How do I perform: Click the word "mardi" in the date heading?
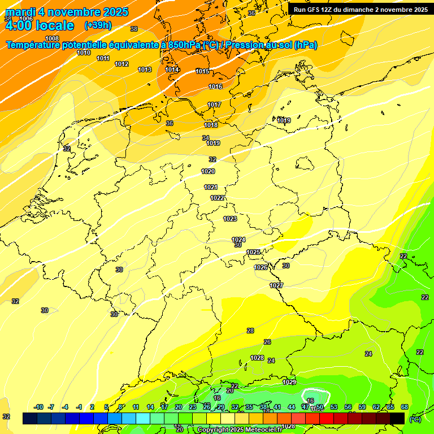[x=20, y=12]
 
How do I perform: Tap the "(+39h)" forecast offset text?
[x=98, y=25]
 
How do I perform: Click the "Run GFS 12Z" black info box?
[x=361, y=9]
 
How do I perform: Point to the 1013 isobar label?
[x=145, y=70]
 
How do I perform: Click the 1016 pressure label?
[x=215, y=86]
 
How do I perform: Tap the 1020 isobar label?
[x=208, y=171]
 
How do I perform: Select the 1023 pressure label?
[x=230, y=219]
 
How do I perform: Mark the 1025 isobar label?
[x=253, y=252]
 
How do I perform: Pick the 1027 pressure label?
[x=276, y=285]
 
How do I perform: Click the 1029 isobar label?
[x=289, y=382]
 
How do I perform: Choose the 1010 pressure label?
[x=84, y=53]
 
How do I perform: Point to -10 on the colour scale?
[x=38, y=407]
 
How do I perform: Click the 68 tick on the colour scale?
[x=405, y=407]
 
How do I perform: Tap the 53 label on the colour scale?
[x=334, y=407]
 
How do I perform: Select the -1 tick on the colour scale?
[x=79, y=407]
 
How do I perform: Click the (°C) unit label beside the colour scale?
[x=415, y=419]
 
